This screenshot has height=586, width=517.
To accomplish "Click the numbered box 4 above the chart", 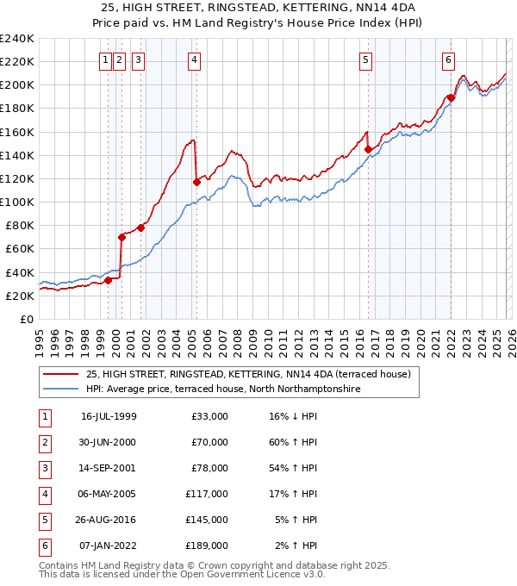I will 195,59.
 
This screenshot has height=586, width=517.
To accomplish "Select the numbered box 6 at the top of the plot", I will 449,59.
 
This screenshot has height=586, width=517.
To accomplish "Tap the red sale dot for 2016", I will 368,149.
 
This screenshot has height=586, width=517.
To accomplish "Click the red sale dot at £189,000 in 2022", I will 451,98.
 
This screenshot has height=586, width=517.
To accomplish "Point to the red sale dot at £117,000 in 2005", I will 196,182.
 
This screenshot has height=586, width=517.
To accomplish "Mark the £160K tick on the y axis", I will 17,132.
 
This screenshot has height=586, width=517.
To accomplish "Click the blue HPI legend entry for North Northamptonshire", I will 222,390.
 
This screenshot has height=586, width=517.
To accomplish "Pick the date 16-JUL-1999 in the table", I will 109,416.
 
